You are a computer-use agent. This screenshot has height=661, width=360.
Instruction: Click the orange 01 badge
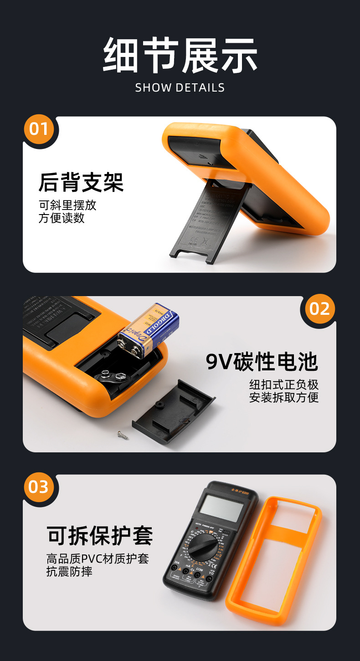click(39, 129)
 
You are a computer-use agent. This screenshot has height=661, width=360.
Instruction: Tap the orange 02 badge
click(319, 309)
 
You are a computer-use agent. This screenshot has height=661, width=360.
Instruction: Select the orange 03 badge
click(39, 487)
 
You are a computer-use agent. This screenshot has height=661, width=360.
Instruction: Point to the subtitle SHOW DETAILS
click(180, 87)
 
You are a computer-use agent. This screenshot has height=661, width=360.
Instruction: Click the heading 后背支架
click(81, 183)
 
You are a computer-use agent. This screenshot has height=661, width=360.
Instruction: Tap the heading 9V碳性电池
click(262, 362)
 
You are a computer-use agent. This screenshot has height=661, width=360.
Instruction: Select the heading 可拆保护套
click(100, 536)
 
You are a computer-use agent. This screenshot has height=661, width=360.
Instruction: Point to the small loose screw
click(123, 435)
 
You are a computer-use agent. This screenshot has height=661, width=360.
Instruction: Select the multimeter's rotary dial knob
click(204, 546)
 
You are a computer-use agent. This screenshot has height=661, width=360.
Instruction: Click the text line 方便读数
click(62, 218)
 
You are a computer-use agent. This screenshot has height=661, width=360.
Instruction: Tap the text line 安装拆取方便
click(283, 397)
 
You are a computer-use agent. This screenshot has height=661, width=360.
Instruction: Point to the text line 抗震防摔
click(69, 572)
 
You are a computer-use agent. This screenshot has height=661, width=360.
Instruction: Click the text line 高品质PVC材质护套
click(98, 559)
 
